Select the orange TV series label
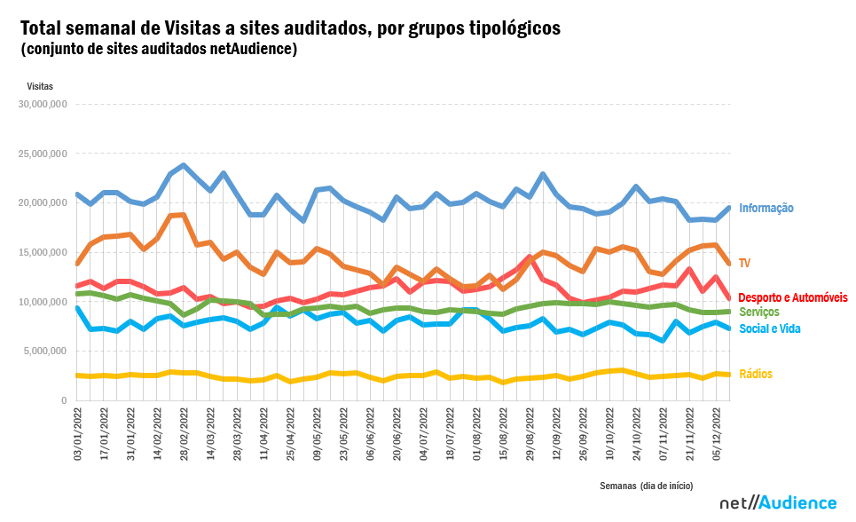(x=745, y=264)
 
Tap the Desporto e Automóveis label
(x=792, y=297)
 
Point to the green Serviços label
(x=759, y=312)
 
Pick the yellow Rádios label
(x=754, y=374)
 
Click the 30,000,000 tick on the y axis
(x=43, y=104)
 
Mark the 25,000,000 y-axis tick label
(x=43, y=154)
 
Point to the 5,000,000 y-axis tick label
(x=44, y=352)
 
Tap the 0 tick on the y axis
(x=64, y=401)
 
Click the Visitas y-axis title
(x=40, y=86)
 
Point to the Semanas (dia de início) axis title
(x=646, y=486)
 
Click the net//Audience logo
(x=777, y=502)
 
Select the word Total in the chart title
(x=43, y=28)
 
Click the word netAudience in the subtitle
(x=255, y=49)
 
